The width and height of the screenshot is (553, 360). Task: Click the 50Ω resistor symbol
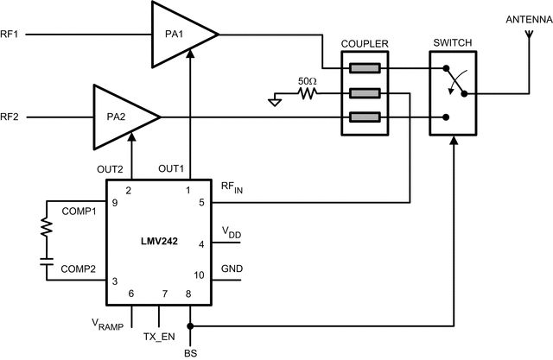click(x=306, y=93)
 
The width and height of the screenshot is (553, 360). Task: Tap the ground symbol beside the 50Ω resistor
click(x=276, y=101)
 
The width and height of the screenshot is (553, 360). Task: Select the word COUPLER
click(x=365, y=43)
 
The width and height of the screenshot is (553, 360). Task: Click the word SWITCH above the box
click(x=453, y=43)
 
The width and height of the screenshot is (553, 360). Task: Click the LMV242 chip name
click(x=159, y=243)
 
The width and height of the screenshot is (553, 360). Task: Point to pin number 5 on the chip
click(x=201, y=204)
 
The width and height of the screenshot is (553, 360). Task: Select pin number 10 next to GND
click(x=200, y=275)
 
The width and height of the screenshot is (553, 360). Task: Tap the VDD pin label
click(x=232, y=231)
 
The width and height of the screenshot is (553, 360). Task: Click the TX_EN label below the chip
click(x=160, y=334)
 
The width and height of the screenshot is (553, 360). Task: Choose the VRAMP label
click(x=108, y=324)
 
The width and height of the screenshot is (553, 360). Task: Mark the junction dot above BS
click(x=189, y=326)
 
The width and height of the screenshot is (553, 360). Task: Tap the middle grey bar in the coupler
click(x=364, y=93)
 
